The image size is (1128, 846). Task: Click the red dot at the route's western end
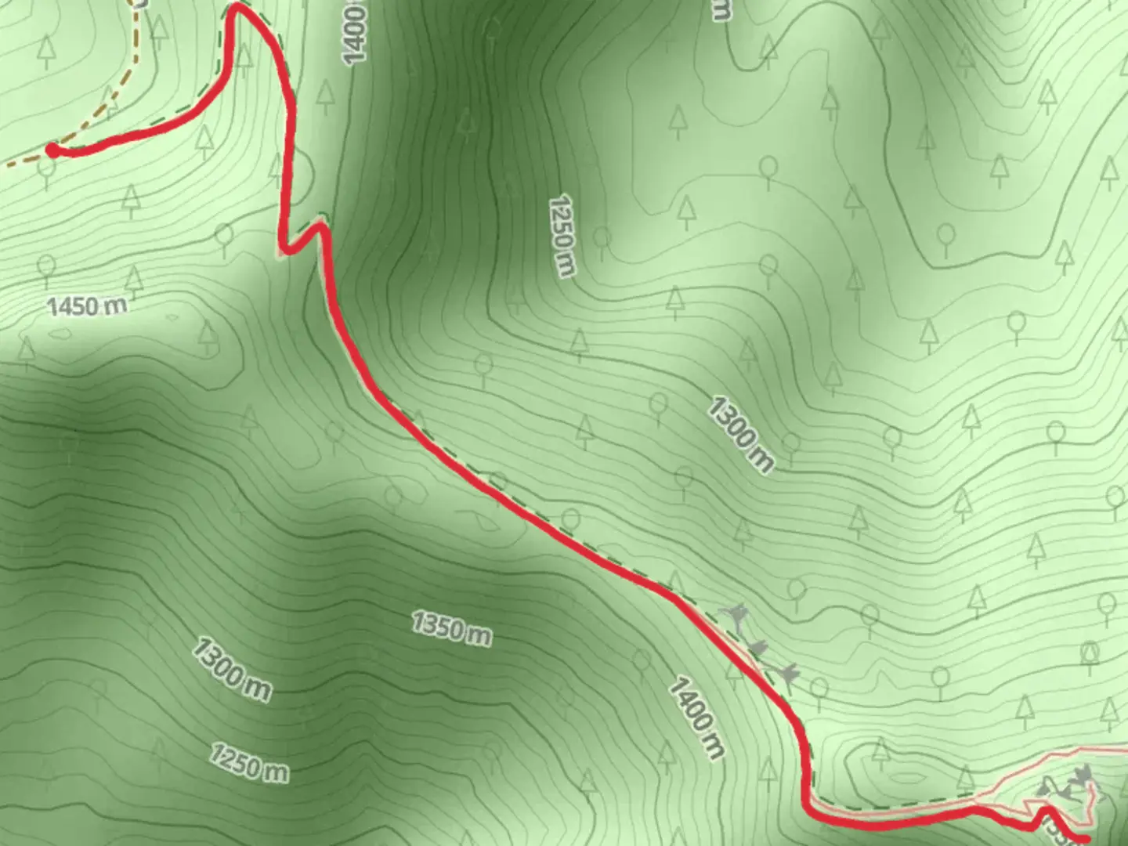click(52, 150)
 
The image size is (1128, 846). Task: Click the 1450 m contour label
click(87, 305)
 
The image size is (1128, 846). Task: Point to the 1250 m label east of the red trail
click(562, 236)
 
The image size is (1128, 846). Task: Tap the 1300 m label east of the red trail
click(740, 434)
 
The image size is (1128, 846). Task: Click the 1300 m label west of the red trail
click(232, 669)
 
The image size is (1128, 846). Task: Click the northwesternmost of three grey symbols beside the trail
click(736, 616)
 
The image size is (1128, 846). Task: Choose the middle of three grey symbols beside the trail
click(758, 647)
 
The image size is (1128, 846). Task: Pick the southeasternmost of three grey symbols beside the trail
click(788, 672)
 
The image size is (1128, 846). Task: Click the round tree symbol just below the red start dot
click(47, 173)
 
